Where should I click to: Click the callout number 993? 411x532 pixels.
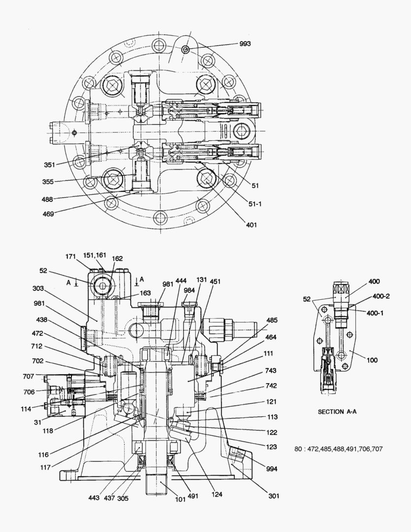pyautogui.click(x=245, y=44)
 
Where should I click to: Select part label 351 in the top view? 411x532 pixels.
pyautogui.click(x=49, y=165)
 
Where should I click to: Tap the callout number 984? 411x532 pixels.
pyautogui.click(x=190, y=290)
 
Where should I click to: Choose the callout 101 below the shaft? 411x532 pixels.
pyautogui.click(x=181, y=499)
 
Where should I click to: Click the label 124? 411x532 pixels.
pyautogui.click(x=214, y=494)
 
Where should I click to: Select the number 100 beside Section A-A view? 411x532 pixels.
pyautogui.click(x=372, y=360)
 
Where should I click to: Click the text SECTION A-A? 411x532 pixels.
pyautogui.click(x=337, y=411)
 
